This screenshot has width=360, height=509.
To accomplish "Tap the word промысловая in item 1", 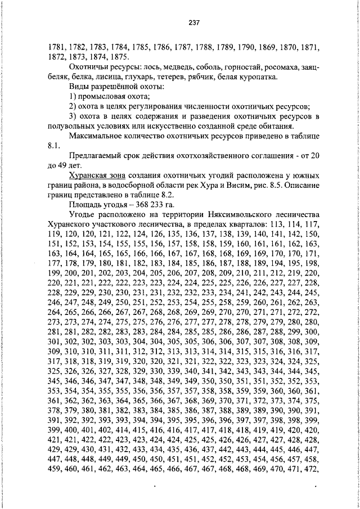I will [x=103, y=96].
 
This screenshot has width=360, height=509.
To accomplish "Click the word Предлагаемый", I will [x=97, y=155].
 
